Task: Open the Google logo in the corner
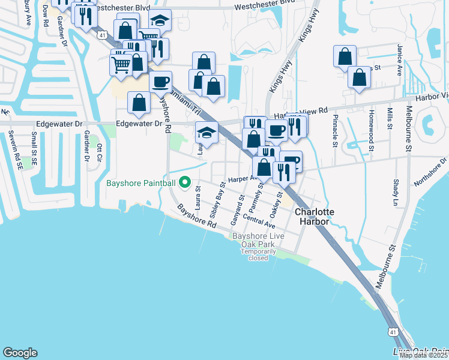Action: [20, 353]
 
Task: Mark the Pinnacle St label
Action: [336, 131]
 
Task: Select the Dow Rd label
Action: [46, 16]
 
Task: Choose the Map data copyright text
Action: [423, 355]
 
